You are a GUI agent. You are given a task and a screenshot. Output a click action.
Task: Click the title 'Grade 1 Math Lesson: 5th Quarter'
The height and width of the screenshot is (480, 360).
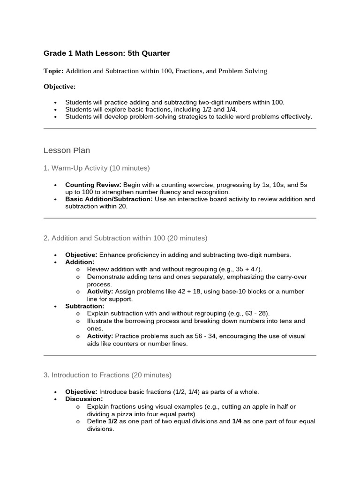point(106,54)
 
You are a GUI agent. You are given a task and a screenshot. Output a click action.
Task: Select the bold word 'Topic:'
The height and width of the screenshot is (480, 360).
point(53,71)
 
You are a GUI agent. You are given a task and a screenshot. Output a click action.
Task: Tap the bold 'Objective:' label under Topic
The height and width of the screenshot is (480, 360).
point(60,87)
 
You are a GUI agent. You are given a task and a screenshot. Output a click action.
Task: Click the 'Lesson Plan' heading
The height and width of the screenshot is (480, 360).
point(67,150)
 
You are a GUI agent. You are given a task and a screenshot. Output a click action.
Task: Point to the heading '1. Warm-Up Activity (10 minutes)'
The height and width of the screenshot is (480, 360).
point(97,168)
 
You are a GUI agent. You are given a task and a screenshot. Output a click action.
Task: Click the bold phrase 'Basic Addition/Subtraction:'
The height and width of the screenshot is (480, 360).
point(109,199)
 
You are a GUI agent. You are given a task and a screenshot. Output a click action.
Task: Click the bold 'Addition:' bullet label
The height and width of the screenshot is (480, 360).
point(80,262)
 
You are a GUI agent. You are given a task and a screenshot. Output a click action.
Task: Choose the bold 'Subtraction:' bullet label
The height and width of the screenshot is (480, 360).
point(84,306)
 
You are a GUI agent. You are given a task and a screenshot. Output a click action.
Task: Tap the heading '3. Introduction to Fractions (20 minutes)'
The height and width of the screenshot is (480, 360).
point(107,375)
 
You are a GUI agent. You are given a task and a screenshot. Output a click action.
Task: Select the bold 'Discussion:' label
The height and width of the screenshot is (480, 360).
point(84,399)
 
